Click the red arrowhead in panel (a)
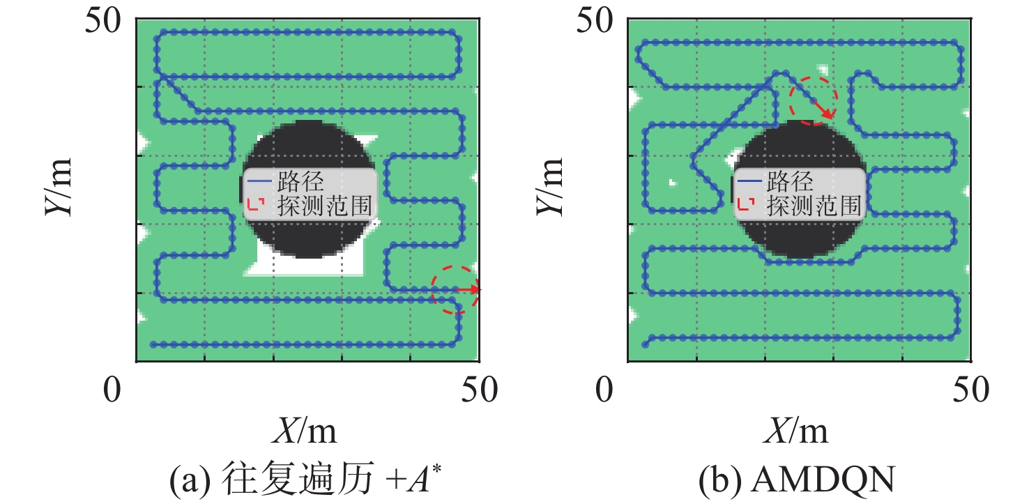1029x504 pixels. [475, 289]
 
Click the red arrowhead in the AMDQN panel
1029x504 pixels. [828, 113]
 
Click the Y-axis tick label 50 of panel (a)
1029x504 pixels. [103, 21]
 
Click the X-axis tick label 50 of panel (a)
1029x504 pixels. [479, 390]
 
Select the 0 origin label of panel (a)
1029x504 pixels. [112, 390]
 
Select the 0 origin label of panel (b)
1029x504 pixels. [604, 390]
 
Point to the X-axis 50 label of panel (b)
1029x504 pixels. [971, 390]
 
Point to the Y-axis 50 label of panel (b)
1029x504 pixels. [595, 21]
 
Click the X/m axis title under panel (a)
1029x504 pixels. [304, 431]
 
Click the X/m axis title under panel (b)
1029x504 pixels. [796, 431]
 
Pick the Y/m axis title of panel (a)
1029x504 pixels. [59, 187]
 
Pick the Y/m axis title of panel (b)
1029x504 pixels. [549, 187]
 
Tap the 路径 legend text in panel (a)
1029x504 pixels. [301, 181]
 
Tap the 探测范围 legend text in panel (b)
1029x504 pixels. [814, 206]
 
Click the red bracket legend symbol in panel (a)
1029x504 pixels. [256, 204]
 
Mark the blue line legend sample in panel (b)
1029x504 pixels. [749, 181]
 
